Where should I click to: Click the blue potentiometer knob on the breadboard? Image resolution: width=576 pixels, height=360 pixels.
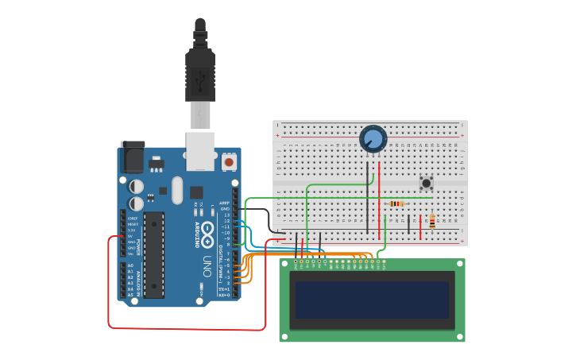(x=373, y=139)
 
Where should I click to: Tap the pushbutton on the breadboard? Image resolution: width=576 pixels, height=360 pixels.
(x=426, y=183)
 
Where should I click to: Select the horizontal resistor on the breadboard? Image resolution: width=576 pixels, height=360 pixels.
(x=397, y=203)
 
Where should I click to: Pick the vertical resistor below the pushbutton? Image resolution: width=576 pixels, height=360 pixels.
(x=431, y=221)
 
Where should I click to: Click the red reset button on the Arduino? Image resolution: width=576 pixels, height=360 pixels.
(x=230, y=162)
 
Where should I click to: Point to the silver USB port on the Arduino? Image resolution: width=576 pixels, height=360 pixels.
(x=200, y=151)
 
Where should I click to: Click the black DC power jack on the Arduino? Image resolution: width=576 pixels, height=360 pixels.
(x=132, y=157)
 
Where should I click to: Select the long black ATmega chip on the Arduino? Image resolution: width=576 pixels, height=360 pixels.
(x=154, y=254)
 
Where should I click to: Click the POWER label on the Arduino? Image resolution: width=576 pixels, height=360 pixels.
(x=139, y=242)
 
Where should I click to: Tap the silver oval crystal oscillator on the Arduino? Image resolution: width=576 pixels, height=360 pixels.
(x=176, y=190)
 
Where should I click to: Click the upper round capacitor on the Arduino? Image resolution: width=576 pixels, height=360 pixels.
(x=137, y=185)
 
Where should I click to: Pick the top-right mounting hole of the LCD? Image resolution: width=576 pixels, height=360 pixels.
(x=458, y=265)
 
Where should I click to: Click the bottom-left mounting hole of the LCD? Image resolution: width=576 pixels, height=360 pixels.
(x=285, y=335)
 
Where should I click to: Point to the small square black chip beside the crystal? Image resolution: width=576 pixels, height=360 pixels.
(x=195, y=192)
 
